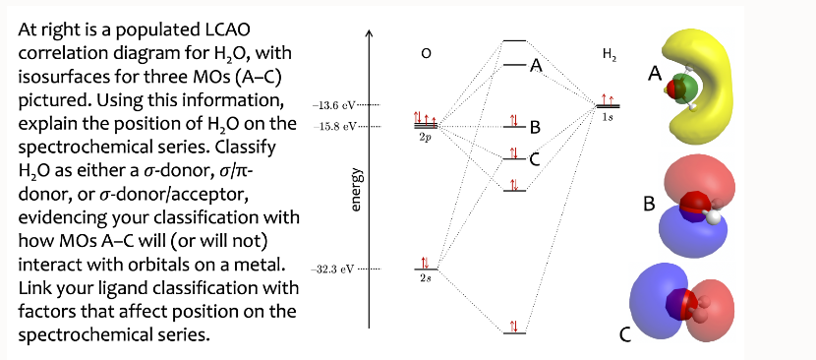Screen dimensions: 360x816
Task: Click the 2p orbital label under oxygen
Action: pyautogui.click(x=426, y=138)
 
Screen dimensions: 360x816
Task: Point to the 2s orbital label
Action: pyautogui.click(x=425, y=278)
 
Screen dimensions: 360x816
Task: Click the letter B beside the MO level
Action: pyautogui.click(x=534, y=128)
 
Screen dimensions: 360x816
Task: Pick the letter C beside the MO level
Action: pyautogui.click(x=534, y=159)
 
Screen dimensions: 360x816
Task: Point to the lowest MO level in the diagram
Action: pyautogui.click(x=513, y=333)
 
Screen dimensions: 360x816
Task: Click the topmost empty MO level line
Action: pyautogui.click(x=513, y=40)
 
